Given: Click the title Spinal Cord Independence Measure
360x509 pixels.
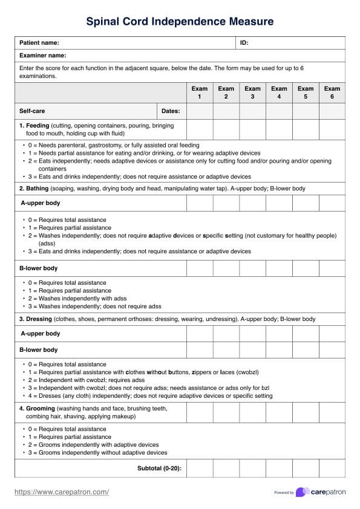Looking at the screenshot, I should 180,22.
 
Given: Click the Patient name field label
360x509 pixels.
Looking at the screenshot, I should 39,43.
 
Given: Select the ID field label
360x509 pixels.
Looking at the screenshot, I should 244,43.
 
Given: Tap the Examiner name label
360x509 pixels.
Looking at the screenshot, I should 42,56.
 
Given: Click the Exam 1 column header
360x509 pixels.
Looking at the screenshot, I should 199,92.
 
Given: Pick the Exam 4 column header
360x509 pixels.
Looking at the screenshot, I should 279,92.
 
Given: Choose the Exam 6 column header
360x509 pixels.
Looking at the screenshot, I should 332,92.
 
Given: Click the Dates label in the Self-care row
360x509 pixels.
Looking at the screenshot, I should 171,111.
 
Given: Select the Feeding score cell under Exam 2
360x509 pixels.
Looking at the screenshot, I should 226,129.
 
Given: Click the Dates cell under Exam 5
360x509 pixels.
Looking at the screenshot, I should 306,111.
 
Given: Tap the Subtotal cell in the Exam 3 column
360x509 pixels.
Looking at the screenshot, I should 252,468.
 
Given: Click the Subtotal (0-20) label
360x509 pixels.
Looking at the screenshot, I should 160,468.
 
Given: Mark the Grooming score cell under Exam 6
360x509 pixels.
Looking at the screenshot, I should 332,412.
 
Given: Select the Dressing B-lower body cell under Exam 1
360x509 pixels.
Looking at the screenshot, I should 199,349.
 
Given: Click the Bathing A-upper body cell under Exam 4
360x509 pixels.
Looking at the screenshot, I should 279,203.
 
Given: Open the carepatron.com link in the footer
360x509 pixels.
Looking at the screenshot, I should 62,492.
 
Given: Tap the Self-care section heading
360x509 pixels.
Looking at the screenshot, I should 32,111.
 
